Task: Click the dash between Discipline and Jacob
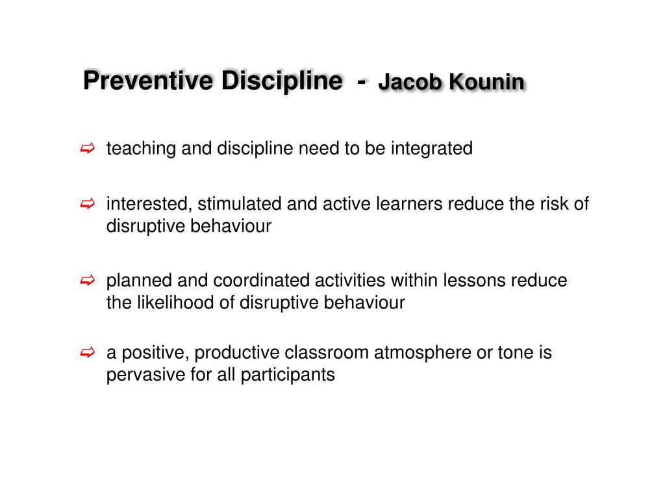click(360, 82)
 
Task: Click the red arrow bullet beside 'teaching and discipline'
click(88, 149)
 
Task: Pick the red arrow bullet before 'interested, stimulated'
click(88, 205)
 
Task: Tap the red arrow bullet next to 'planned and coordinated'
click(88, 281)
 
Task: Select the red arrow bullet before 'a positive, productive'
click(88, 353)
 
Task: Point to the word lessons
click(475, 281)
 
